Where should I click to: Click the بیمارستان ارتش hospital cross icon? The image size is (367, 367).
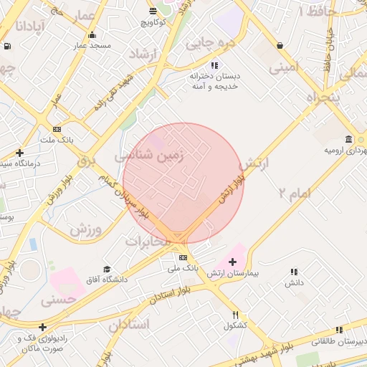[232, 262]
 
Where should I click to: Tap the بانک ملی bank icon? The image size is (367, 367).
[183, 257]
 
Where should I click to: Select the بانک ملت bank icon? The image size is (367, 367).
[57, 129]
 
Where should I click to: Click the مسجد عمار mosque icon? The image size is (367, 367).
[91, 35]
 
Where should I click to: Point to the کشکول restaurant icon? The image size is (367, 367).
[235, 315]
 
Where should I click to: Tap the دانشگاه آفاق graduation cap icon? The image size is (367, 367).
[107, 269]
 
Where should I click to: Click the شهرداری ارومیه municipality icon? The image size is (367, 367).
[348, 139]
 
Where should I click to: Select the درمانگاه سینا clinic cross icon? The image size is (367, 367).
[19, 153]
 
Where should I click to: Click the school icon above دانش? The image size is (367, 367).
[294, 272]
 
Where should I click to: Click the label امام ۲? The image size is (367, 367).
[293, 192]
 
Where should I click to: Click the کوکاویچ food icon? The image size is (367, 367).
[153, 11]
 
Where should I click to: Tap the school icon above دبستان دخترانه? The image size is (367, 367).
[214, 66]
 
